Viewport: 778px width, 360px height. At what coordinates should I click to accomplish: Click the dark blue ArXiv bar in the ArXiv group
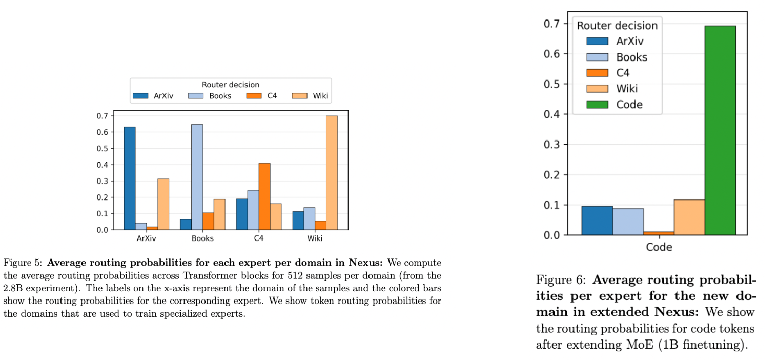(x=130, y=178)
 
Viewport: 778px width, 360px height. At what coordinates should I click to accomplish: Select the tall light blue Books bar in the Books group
(x=197, y=177)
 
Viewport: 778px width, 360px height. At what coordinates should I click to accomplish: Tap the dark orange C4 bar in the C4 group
(x=264, y=196)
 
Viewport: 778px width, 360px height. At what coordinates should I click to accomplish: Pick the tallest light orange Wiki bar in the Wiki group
(x=332, y=173)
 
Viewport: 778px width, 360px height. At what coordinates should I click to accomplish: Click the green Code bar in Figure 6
(x=721, y=130)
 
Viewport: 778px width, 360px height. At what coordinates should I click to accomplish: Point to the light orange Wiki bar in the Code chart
(x=689, y=217)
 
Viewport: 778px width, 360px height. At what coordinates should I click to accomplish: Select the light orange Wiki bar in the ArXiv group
(x=163, y=204)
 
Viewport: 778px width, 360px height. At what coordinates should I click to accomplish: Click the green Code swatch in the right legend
(x=598, y=104)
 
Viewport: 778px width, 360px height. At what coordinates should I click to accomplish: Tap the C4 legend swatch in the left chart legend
(x=254, y=95)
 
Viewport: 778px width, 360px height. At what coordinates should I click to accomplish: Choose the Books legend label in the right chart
(x=632, y=57)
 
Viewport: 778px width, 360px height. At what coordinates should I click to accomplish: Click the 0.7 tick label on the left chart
(x=103, y=116)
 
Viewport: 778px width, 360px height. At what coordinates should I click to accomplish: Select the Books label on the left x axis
(x=202, y=238)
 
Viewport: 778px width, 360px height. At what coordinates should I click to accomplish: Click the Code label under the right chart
(x=659, y=247)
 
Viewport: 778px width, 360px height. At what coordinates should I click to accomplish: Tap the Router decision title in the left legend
(x=231, y=85)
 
